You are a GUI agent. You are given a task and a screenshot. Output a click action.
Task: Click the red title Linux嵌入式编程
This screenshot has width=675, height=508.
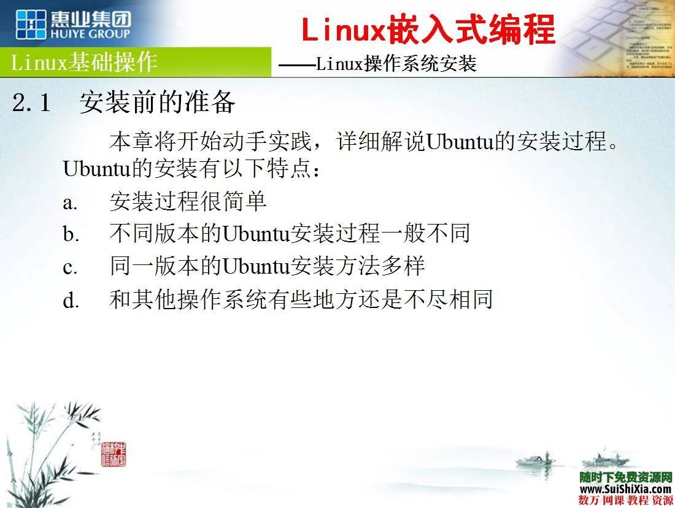(x=428, y=29)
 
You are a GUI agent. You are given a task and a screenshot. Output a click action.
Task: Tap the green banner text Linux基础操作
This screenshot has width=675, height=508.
(x=85, y=62)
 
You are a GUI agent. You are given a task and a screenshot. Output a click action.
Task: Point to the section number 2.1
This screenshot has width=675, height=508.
(x=31, y=103)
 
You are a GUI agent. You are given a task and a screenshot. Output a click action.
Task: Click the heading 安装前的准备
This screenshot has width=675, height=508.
(x=157, y=102)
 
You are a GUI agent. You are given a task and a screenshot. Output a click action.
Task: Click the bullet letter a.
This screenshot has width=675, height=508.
(x=70, y=202)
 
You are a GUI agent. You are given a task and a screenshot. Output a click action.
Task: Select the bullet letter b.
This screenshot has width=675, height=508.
(x=71, y=234)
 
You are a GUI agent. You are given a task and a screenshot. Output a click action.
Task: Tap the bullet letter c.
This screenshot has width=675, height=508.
(x=70, y=267)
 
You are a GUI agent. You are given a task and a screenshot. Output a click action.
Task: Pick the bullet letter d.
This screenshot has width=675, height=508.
(x=71, y=301)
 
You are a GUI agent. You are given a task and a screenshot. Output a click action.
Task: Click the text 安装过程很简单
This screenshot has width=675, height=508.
(x=188, y=201)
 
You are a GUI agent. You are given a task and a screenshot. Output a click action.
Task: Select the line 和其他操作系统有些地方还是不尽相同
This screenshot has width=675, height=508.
(x=301, y=299)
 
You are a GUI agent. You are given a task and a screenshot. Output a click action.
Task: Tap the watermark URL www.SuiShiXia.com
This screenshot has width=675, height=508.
(x=625, y=489)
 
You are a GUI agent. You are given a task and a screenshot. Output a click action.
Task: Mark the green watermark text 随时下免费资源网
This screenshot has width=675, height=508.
(x=625, y=477)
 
